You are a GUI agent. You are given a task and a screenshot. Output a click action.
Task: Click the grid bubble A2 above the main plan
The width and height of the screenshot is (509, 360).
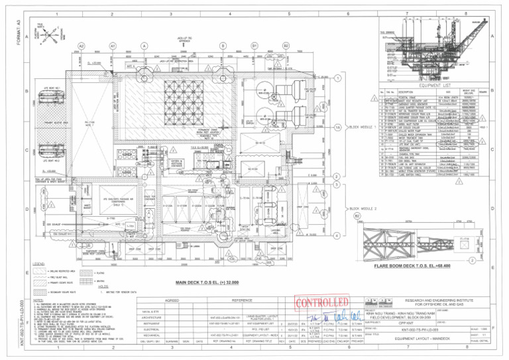click(x=82, y=46)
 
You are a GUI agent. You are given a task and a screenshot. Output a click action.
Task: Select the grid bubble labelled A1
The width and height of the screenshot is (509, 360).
click(x=113, y=46)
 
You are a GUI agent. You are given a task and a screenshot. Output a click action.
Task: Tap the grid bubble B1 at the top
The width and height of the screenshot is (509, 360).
click(x=254, y=46)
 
